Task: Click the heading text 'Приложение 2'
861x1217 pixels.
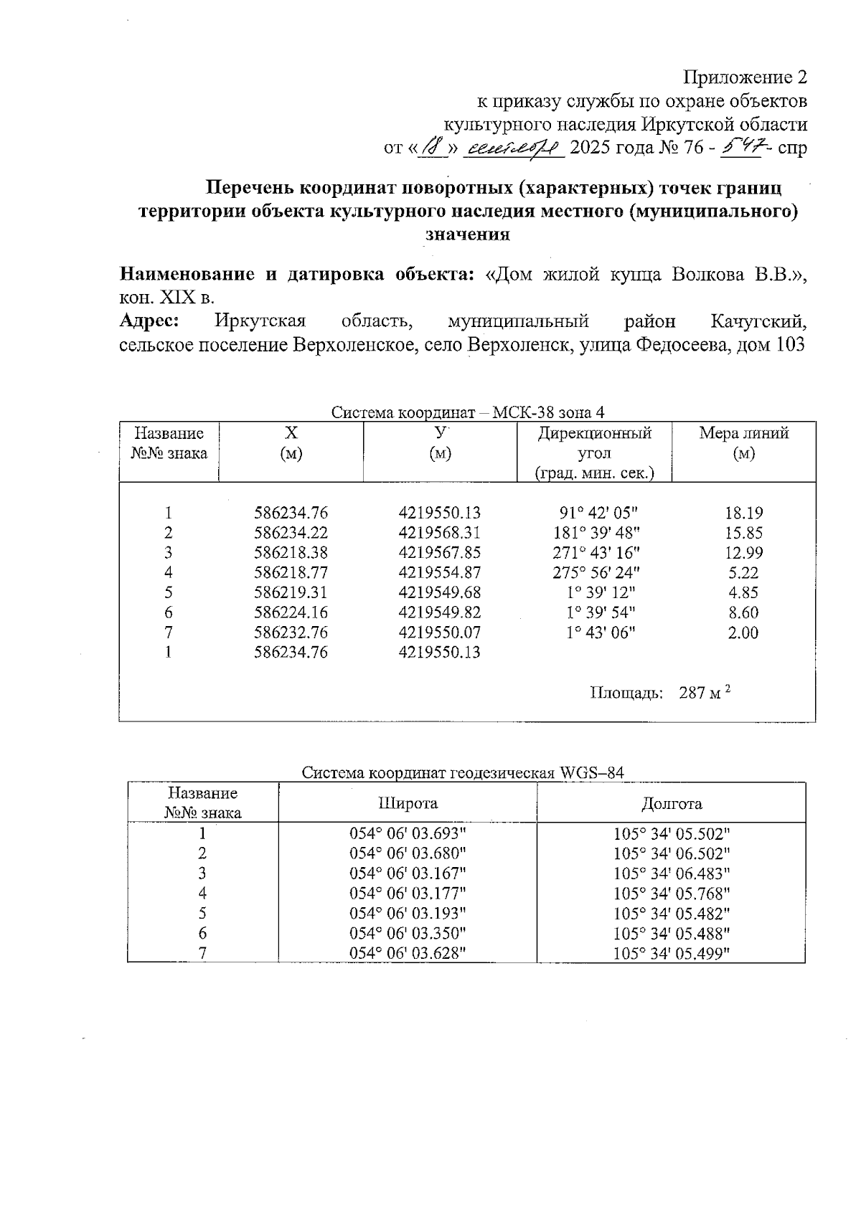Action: [x=745, y=77]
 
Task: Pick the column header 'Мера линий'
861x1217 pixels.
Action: [x=743, y=433]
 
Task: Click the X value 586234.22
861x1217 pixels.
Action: [x=291, y=533]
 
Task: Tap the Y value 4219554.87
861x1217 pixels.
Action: [x=439, y=573]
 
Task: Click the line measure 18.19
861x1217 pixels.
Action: [x=743, y=513]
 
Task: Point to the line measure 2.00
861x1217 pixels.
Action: [x=743, y=633]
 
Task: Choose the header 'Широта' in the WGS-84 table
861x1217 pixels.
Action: [x=408, y=803]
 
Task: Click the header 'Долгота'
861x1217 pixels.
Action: [x=671, y=803]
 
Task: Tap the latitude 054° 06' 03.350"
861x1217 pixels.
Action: [x=408, y=933]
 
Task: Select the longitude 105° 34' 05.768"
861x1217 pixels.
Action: [x=672, y=894]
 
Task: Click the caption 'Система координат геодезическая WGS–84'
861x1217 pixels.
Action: [x=462, y=773]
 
